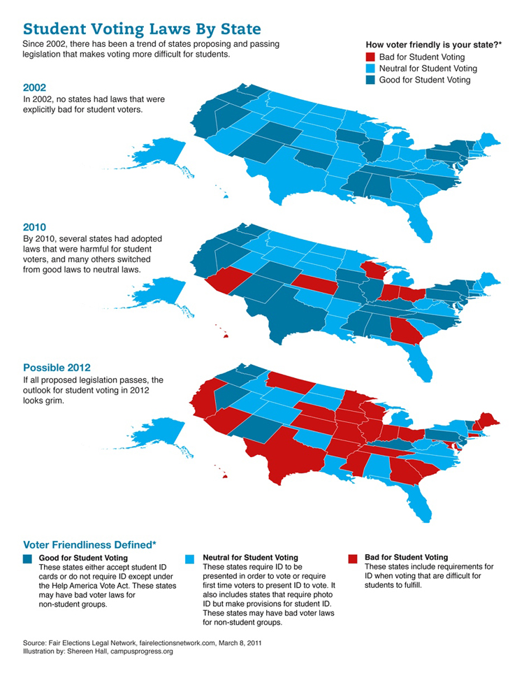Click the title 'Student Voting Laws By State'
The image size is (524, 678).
142,29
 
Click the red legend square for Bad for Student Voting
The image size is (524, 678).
370,57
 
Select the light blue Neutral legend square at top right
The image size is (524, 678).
370,68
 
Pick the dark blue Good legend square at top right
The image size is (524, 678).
370,80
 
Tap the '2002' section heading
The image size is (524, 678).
36,88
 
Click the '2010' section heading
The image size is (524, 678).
36,226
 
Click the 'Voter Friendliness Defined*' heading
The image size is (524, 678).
89,544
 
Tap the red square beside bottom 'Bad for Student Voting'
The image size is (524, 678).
351,558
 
